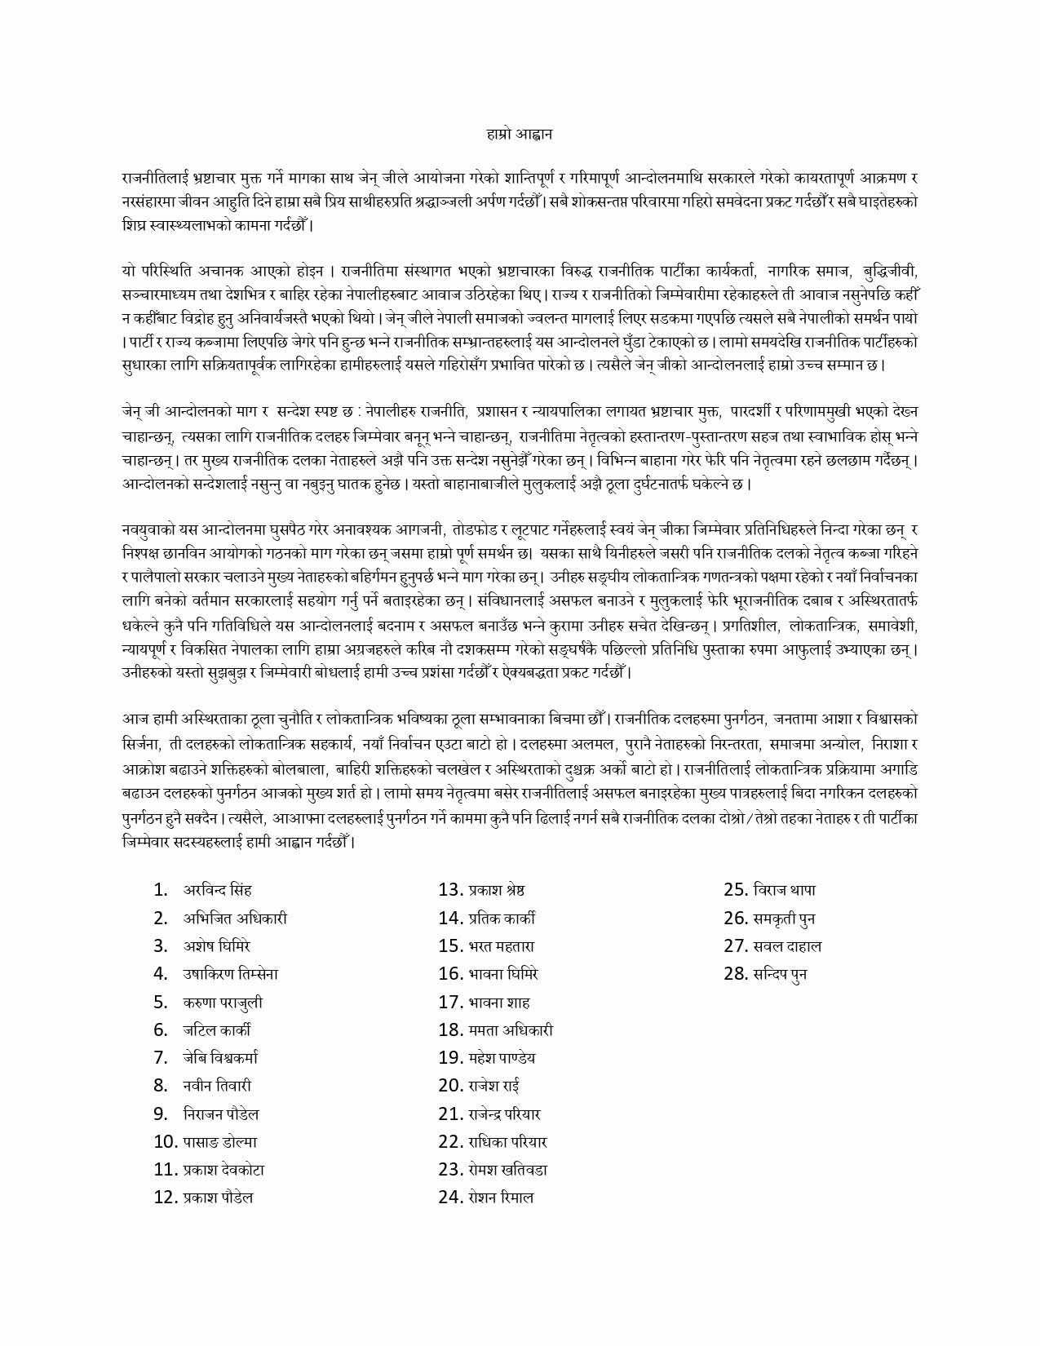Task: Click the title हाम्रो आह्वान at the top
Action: point(519,133)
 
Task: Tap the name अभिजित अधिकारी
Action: point(235,919)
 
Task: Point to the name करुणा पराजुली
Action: point(223,1003)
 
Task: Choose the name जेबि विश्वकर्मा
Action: point(220,1058)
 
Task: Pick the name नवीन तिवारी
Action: point(217,1086)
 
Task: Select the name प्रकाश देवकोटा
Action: point(223,1170)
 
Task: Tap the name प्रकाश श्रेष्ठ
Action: point(497,890)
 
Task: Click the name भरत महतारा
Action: point(502,946)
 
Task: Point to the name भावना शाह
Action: point(499,1003)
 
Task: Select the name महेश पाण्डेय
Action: point(502,1058)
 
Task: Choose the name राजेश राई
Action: point(494,1086)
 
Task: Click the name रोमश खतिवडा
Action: point(508,1170)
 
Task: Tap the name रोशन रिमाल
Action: point(501,1198)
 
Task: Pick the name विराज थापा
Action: point(785,890)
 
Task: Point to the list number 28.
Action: point(736,974)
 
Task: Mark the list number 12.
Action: point(166,1198)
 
